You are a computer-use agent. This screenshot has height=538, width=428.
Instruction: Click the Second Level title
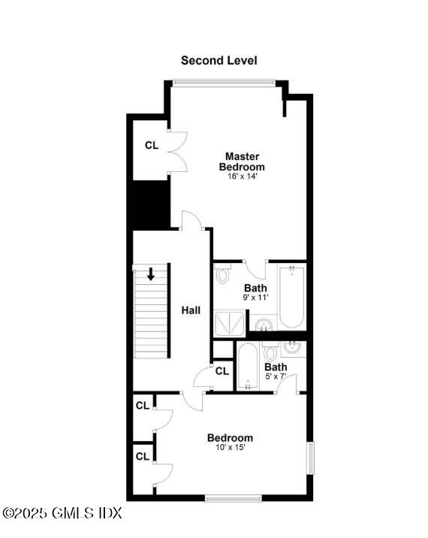pos(219,60)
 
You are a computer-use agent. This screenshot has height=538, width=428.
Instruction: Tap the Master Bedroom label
pos(242,162)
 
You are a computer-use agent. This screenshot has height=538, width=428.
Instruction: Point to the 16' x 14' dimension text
pos(242,177)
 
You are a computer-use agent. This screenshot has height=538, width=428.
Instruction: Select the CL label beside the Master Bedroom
pos(152,145)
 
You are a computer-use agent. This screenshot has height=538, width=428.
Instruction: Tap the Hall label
pos(191,310)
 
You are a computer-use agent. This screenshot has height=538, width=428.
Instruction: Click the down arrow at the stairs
pos(152,274)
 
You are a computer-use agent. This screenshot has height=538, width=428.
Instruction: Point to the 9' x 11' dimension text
pos(255,298)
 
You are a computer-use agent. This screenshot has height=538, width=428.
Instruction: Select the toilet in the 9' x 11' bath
pos(223,275)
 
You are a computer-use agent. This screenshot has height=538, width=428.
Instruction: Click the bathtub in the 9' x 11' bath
pos(291,297)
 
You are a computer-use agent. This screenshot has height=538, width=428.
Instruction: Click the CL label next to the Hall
pos(222,370)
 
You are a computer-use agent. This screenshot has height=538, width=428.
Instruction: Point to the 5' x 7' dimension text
pos(276,376)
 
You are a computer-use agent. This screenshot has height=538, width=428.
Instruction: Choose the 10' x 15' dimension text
pos(230,448)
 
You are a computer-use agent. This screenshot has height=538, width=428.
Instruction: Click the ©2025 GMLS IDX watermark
pos(62,513)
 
